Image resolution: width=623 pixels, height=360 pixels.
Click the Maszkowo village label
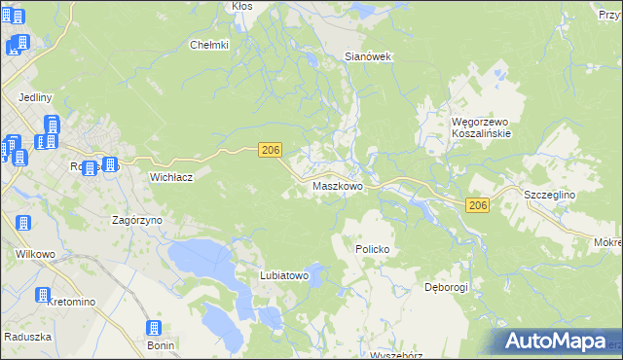coord(338,186)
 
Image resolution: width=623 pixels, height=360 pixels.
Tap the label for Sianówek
coord(368,56)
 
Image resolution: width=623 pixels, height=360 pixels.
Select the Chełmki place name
coord(208,45)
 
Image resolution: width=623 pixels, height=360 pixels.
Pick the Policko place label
coord(371,249)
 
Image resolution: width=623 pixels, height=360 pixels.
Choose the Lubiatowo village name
coord(284,275)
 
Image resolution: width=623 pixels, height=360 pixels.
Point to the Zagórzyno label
coord(136,221)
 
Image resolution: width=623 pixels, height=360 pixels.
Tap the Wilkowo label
coord(32,253)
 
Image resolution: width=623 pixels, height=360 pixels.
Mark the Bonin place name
coord(161,345)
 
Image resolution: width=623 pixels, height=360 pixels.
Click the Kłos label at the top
coord(241,6)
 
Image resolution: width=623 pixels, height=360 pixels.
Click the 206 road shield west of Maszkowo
coord(271,149)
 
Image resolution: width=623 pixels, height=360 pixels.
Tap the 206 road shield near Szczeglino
coord(477,205)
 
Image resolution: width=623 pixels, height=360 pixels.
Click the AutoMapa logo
coord(558,341)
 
